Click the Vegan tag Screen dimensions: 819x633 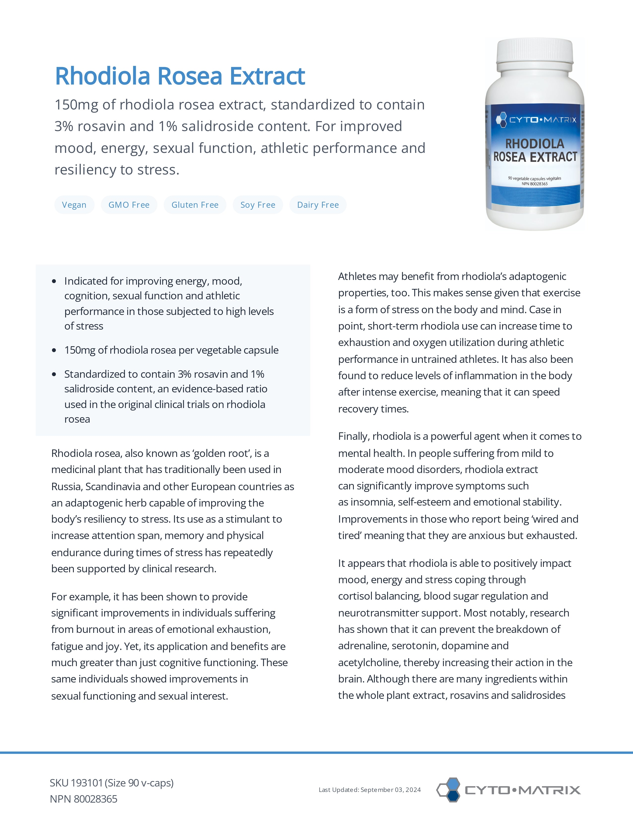click(x=74, y=205)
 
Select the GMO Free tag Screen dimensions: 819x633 click(x=129, y=205)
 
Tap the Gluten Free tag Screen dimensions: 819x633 click(x=195, y=205)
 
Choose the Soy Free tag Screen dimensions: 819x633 click(x=258, y=205)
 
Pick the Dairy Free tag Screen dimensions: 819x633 click(x=318, y=205)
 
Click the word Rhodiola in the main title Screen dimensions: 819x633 click(x=102, y=76)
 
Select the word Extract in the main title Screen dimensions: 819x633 click(x=267, y=76)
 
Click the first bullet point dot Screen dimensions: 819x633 click(x=54, y=281)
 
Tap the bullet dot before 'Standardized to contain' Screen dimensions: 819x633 click(x=54, y=374)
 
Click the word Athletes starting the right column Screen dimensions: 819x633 click(x=357, y=276)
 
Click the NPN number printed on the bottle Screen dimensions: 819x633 click(x=535, y=184)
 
